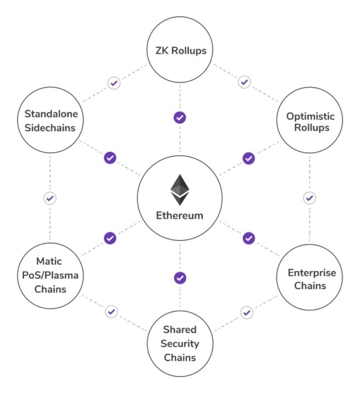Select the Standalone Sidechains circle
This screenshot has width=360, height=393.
click(x=50, y=121)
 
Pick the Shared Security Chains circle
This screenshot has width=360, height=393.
click(x=180, y=343)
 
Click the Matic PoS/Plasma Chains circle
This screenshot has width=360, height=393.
click(x=50, y=274)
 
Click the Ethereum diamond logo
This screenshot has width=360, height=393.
click(x=180, y=189)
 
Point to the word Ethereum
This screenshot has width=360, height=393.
click(x=180, y=216)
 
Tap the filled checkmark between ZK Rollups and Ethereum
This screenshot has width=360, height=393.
click(x=180, y=117)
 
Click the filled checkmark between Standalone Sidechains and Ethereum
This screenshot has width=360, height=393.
click(x=110, y=158)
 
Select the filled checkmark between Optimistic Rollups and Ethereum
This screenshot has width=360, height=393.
click(x=248, y=158)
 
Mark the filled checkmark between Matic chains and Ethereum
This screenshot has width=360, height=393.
click(x=110, y=238)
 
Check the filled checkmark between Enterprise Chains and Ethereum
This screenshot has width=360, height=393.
click(x=248, y=238)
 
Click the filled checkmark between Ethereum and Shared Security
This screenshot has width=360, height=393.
click(x=180, y=278)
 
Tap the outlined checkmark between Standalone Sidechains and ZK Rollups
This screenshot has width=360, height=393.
click(x=114, y=84)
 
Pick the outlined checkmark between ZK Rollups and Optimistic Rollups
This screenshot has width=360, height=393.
click(x=245, y=82)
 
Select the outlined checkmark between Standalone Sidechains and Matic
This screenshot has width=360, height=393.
click(x=50, y=198)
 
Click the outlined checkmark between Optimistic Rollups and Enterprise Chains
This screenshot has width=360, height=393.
click(x=309, y=198)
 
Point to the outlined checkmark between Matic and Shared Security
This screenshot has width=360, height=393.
click(x=112, y=312)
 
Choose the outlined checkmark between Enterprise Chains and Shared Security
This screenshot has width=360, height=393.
click(x=247, y=313)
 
